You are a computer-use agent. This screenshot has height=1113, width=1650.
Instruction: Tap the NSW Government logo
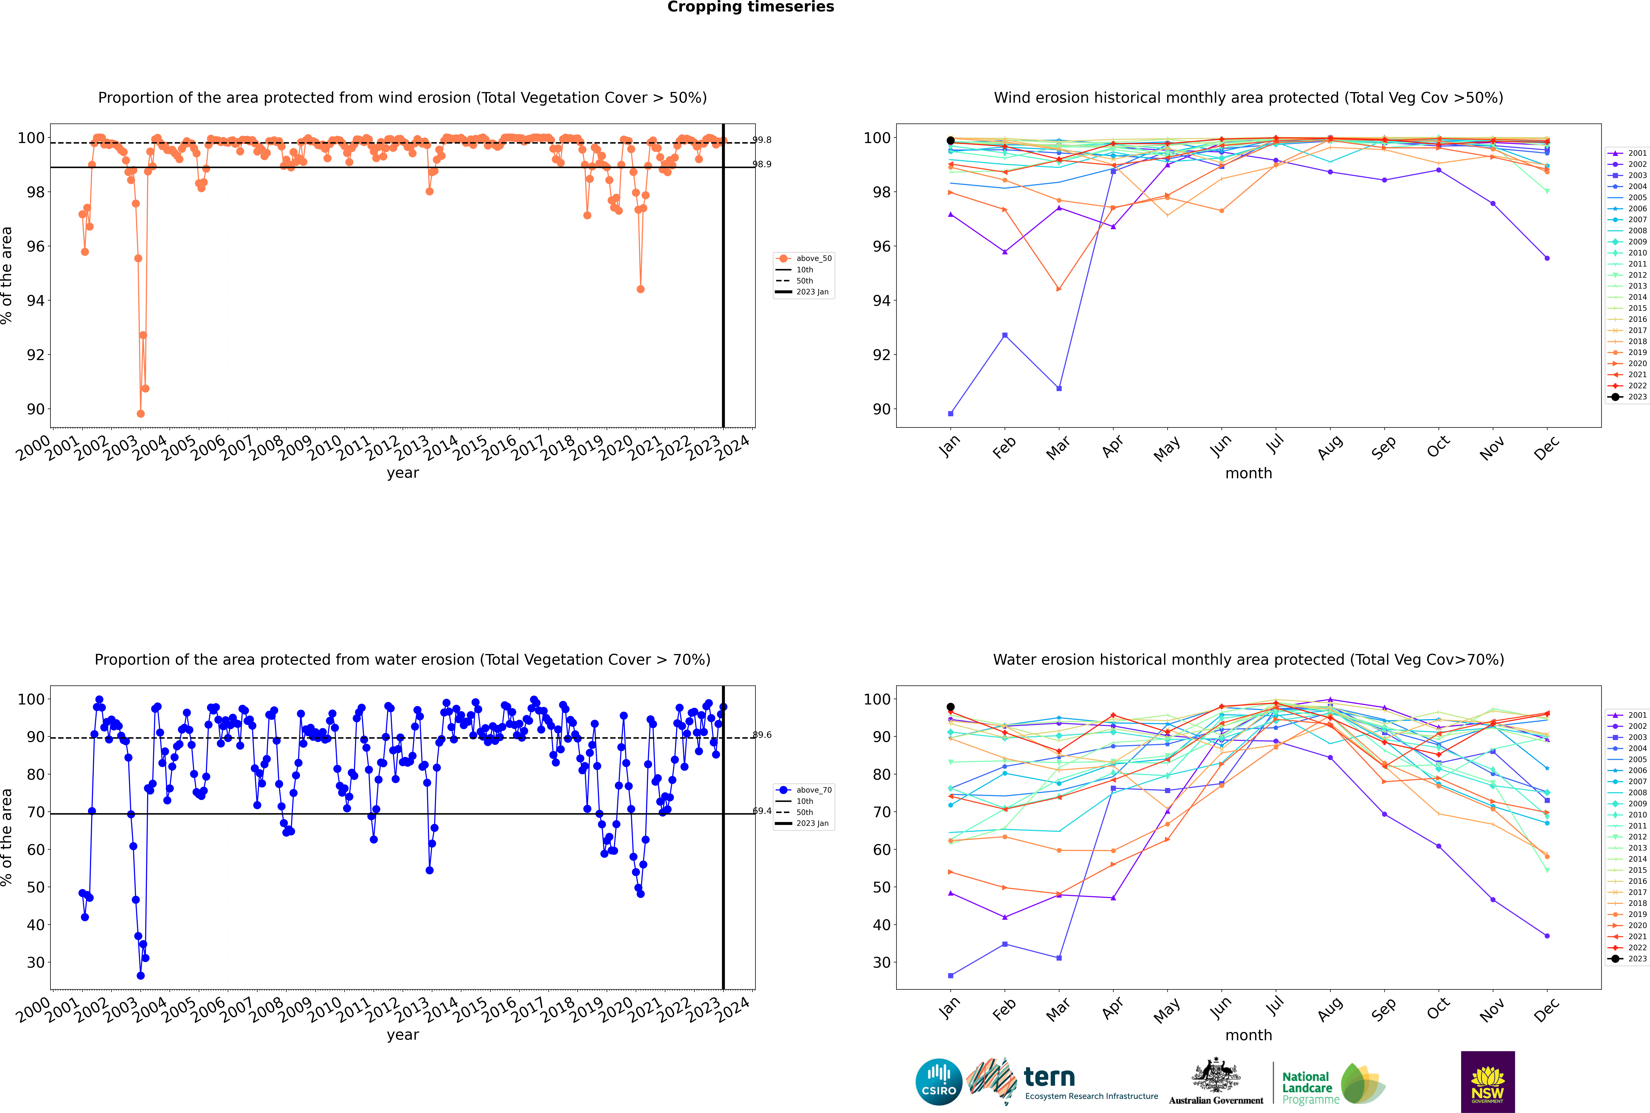coord(1488,1082)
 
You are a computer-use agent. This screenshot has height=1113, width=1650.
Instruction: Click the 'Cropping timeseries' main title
coord(750,7)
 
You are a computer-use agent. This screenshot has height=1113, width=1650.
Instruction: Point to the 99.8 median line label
coord(762,140)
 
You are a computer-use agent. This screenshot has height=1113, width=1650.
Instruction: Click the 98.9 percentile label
coord(762,164)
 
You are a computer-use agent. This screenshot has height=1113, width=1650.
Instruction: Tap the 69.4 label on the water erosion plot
coord(762,811)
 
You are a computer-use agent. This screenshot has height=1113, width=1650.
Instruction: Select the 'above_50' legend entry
coord(804,258)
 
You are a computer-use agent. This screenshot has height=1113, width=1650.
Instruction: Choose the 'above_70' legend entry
coord(804,790)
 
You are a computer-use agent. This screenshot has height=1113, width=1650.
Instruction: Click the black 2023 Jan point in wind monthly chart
coord(951,141)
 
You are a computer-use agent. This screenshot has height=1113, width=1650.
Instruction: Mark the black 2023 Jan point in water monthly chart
coord(951,707)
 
